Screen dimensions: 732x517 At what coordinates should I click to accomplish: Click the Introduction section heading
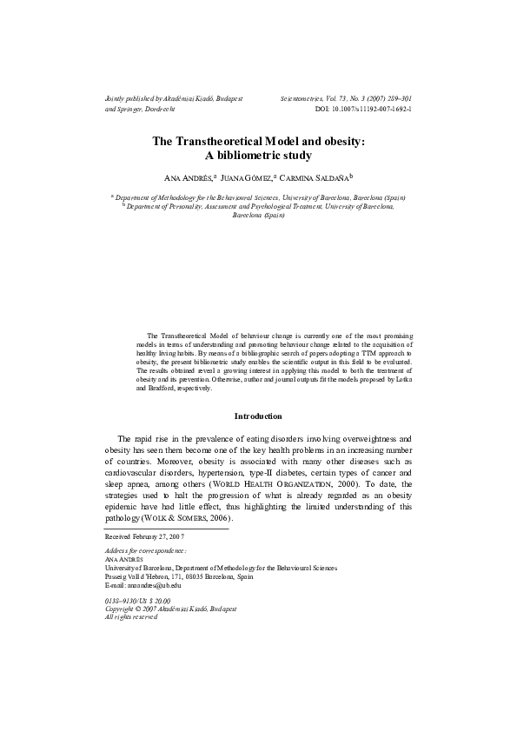[258, 416]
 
